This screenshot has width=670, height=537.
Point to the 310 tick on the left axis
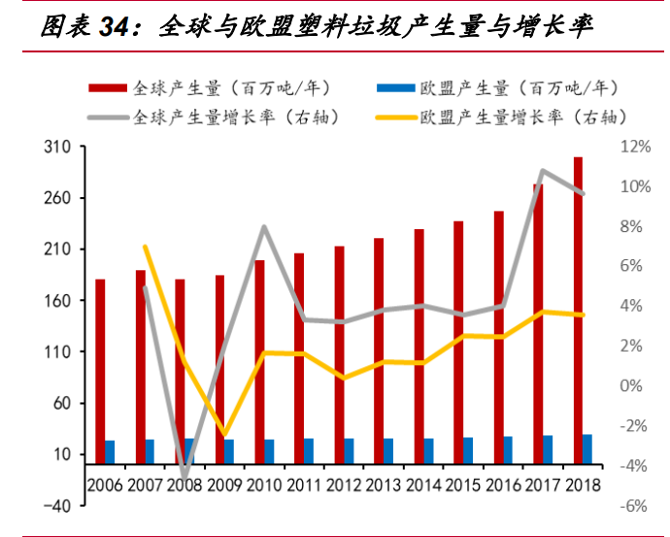[x=59, y=148]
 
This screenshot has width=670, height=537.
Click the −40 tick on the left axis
[x=56, y=506]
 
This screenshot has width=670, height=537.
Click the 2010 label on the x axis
[x=264, y=484]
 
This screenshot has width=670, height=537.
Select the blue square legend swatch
[x=388, y=88]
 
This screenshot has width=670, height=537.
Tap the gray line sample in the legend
[x=107, y=117]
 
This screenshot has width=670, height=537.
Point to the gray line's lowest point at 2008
[x=184, y=477]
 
